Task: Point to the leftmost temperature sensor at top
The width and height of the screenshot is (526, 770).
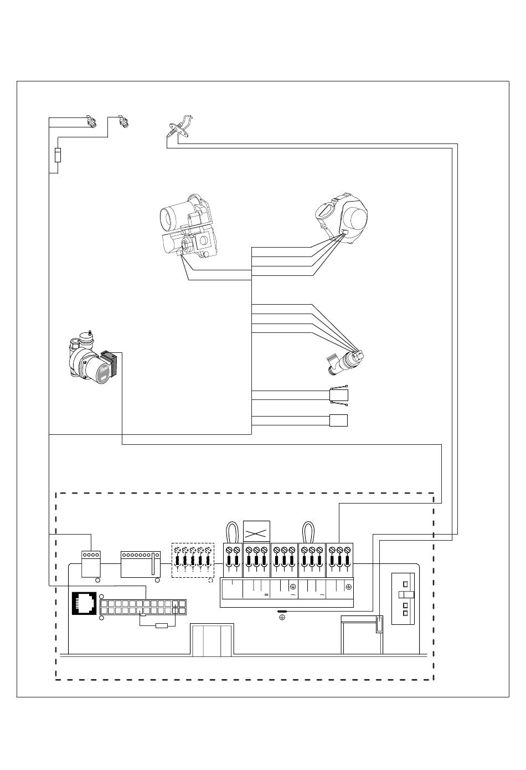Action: [x=91, y=121]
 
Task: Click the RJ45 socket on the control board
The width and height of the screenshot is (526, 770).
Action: [x=85, y=603]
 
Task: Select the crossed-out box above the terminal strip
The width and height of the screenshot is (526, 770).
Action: [x=256, y=533]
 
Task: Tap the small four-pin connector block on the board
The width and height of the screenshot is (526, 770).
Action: [x=90, y=563]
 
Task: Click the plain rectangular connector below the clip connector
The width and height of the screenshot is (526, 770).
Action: [x=338, y=420]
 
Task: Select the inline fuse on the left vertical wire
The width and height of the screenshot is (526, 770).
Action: [x=58, y=155]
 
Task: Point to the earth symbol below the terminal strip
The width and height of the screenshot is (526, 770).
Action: [x=282, y=617]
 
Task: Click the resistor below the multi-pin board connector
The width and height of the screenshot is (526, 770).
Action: [x=162, y=626]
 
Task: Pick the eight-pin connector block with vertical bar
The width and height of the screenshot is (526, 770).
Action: [x=141, y=564]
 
